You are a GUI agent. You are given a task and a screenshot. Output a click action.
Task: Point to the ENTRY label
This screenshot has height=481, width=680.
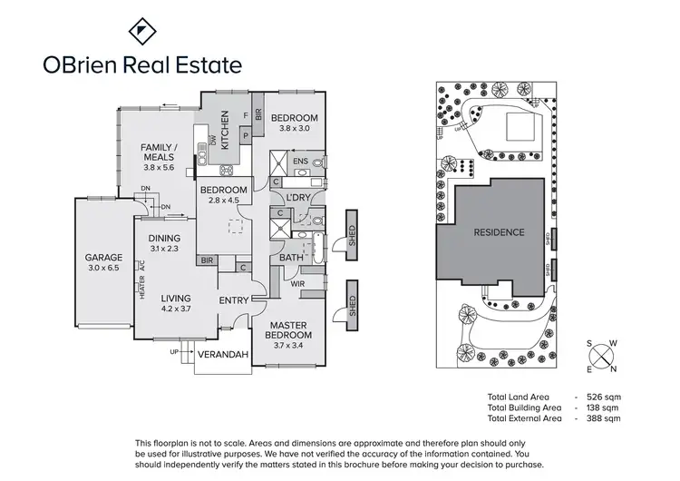pyautogui.click(x=234, y=300)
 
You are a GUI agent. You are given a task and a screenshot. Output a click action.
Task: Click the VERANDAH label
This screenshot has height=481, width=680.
pyautogui.click(x=223, y=354)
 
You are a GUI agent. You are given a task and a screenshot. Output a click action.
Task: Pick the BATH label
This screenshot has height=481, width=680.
pyautogui.click(x=290, y=257)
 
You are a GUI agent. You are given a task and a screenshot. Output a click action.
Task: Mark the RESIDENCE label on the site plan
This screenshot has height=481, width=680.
pyautogui.click(x=499, y=232)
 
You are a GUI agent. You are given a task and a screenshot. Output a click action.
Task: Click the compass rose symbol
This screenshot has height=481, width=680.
pyautogui.click(x=601, y=356)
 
